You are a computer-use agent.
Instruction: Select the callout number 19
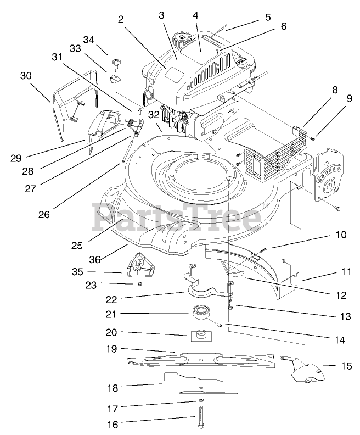(x=112, y=349)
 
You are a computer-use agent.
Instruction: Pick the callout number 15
(x=346, y=365)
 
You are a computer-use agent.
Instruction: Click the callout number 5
(x=267, y=17)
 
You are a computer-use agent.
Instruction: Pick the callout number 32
(x=153, y=115)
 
